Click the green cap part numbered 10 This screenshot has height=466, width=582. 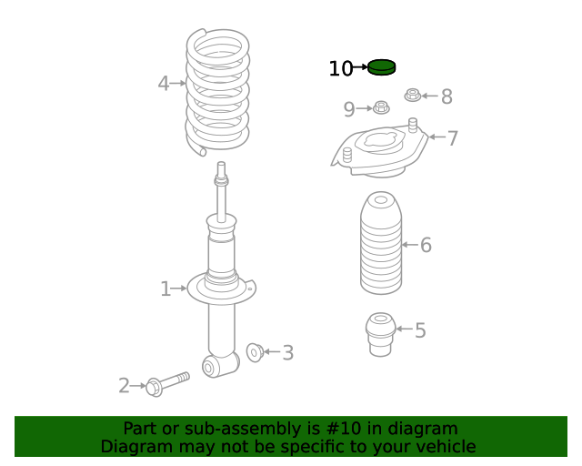(x=383, y=66)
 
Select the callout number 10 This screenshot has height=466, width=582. (x=340, y=68)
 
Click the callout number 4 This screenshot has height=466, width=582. (x=163, y=84)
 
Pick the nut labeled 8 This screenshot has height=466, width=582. (x=413, y=95)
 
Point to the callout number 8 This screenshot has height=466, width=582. (x=447, y=96)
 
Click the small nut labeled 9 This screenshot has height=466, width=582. (x=381, y=109)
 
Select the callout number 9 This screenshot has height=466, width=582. (x=349, y=109)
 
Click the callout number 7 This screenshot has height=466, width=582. (x=452, y=138)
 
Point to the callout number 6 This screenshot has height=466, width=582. (x=426, y=245)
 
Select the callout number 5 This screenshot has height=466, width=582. (x=420, y=330)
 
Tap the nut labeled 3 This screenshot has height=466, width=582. (x=255, y=351)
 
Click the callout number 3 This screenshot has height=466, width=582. (x=287, y=353)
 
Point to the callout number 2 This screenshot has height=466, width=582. (x=124, y=386)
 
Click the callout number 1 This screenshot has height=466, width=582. (x=165, y=289)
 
